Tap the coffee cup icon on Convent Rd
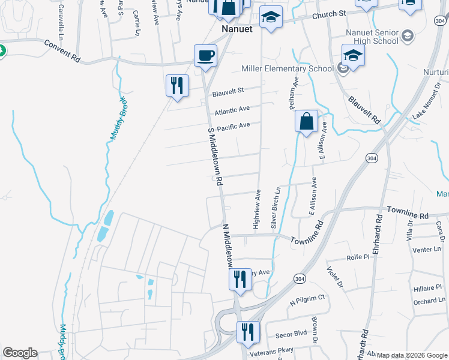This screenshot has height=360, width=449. pos(205,56)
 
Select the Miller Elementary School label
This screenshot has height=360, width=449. pos(287,68)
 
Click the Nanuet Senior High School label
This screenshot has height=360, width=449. pos(372,37)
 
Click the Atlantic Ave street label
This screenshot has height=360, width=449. pos(232,110)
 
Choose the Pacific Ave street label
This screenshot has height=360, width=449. pos(233,126)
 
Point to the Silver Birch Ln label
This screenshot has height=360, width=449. pos(276,208)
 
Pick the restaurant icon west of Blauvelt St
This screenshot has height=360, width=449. pos(177,86)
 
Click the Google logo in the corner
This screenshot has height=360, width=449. pos(20,353)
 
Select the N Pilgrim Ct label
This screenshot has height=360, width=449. pos(307,299)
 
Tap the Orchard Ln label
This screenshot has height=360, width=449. pos(429,301)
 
